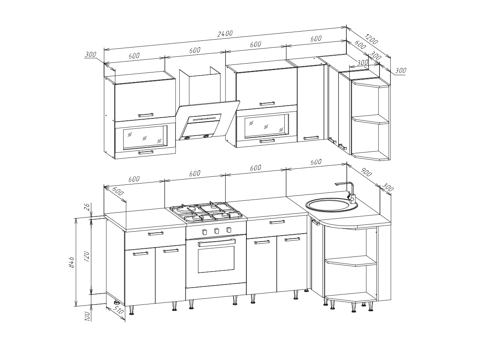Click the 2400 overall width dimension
[x=225, y=34]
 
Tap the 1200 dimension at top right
[x=371, y=39]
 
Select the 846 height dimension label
[x=72, y=262]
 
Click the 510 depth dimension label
[x=119, y=312]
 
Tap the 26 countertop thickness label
[x=86, y=206]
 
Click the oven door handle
[x=216, y=243]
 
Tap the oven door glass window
[x=216, y=260]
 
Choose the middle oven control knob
[x=217, y=231]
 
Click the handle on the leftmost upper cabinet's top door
[x=146, y=115]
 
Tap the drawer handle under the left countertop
[x=156, y=234]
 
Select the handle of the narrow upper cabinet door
[x=311, y=138]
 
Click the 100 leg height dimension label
[x=87, y=316]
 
